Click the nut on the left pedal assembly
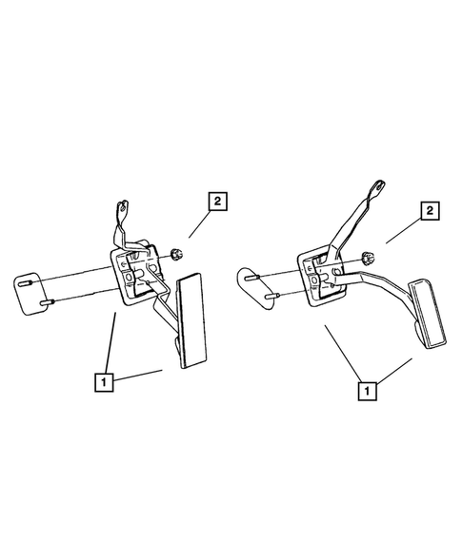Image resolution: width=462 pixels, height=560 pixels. click(x=176, y=253)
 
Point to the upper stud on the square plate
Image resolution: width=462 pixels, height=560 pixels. click(x=35, y=282)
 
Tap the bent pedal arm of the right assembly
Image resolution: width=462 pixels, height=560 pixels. click(x=381, y=286)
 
